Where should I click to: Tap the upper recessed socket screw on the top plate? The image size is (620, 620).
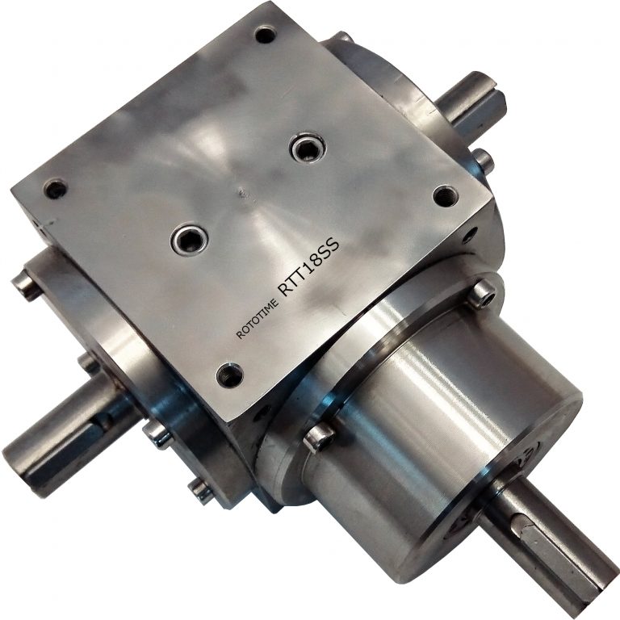(x=306, y=149)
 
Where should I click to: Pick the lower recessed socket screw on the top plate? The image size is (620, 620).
(x=189, y=238)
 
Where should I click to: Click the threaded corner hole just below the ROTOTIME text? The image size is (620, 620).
(x=229, y=373)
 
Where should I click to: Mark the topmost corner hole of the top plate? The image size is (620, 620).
(x=265, y=35)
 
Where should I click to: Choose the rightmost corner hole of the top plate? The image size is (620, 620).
(x=445, y=195)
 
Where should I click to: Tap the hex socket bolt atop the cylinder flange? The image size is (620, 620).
(x=481, y=294)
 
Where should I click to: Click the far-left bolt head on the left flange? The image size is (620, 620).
(x=25, y=284)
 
